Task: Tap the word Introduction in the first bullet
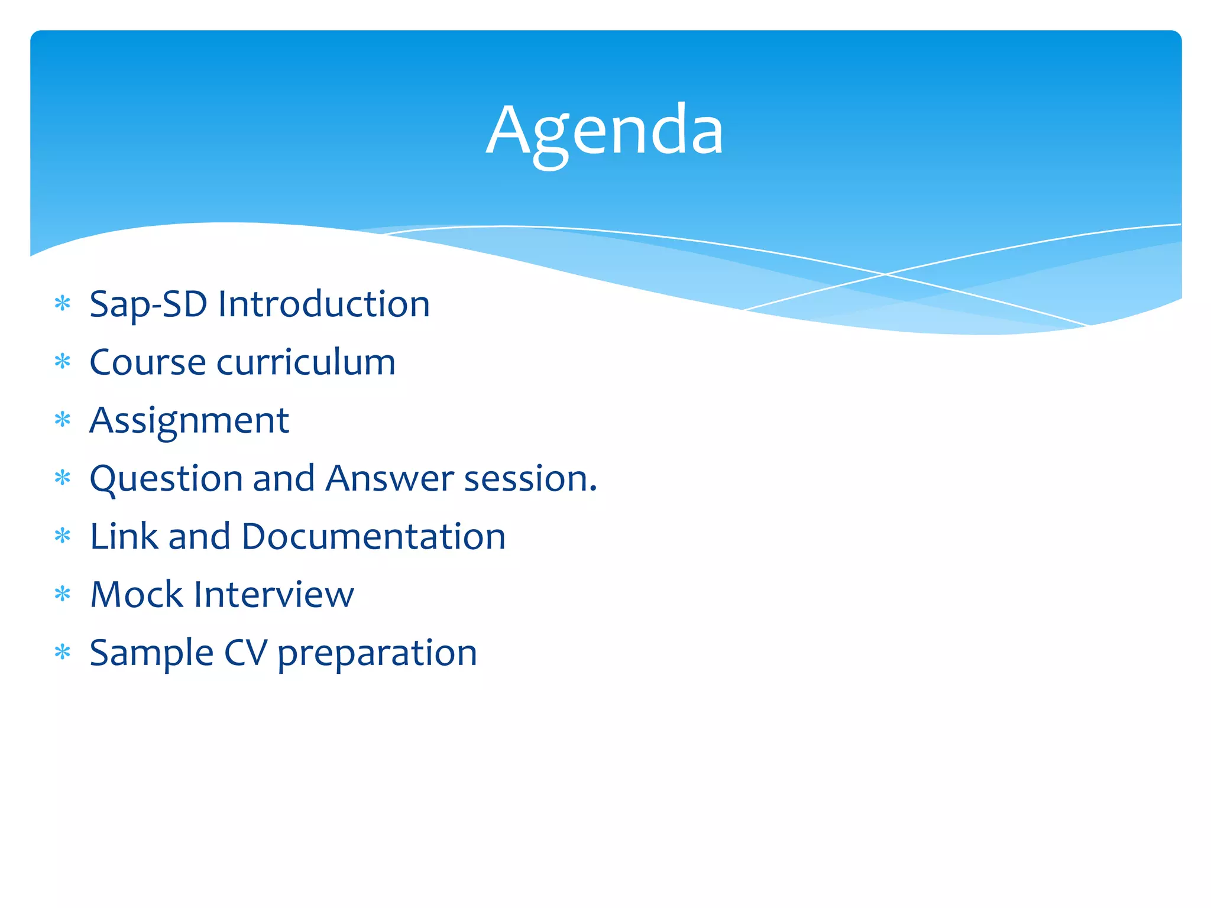(x=323, y=304)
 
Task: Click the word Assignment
(x=189, y=421)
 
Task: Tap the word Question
(x=166, y=479)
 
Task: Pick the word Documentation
(x=373, y=536)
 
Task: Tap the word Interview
(x=274, y=594)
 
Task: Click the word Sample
(x=151, y=653)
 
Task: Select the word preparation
(x=377, y=654)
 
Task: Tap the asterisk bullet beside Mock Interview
(x=62, y=594)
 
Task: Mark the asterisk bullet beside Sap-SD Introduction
(x=62, y=304)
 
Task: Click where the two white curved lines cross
(x=885, y=274)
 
